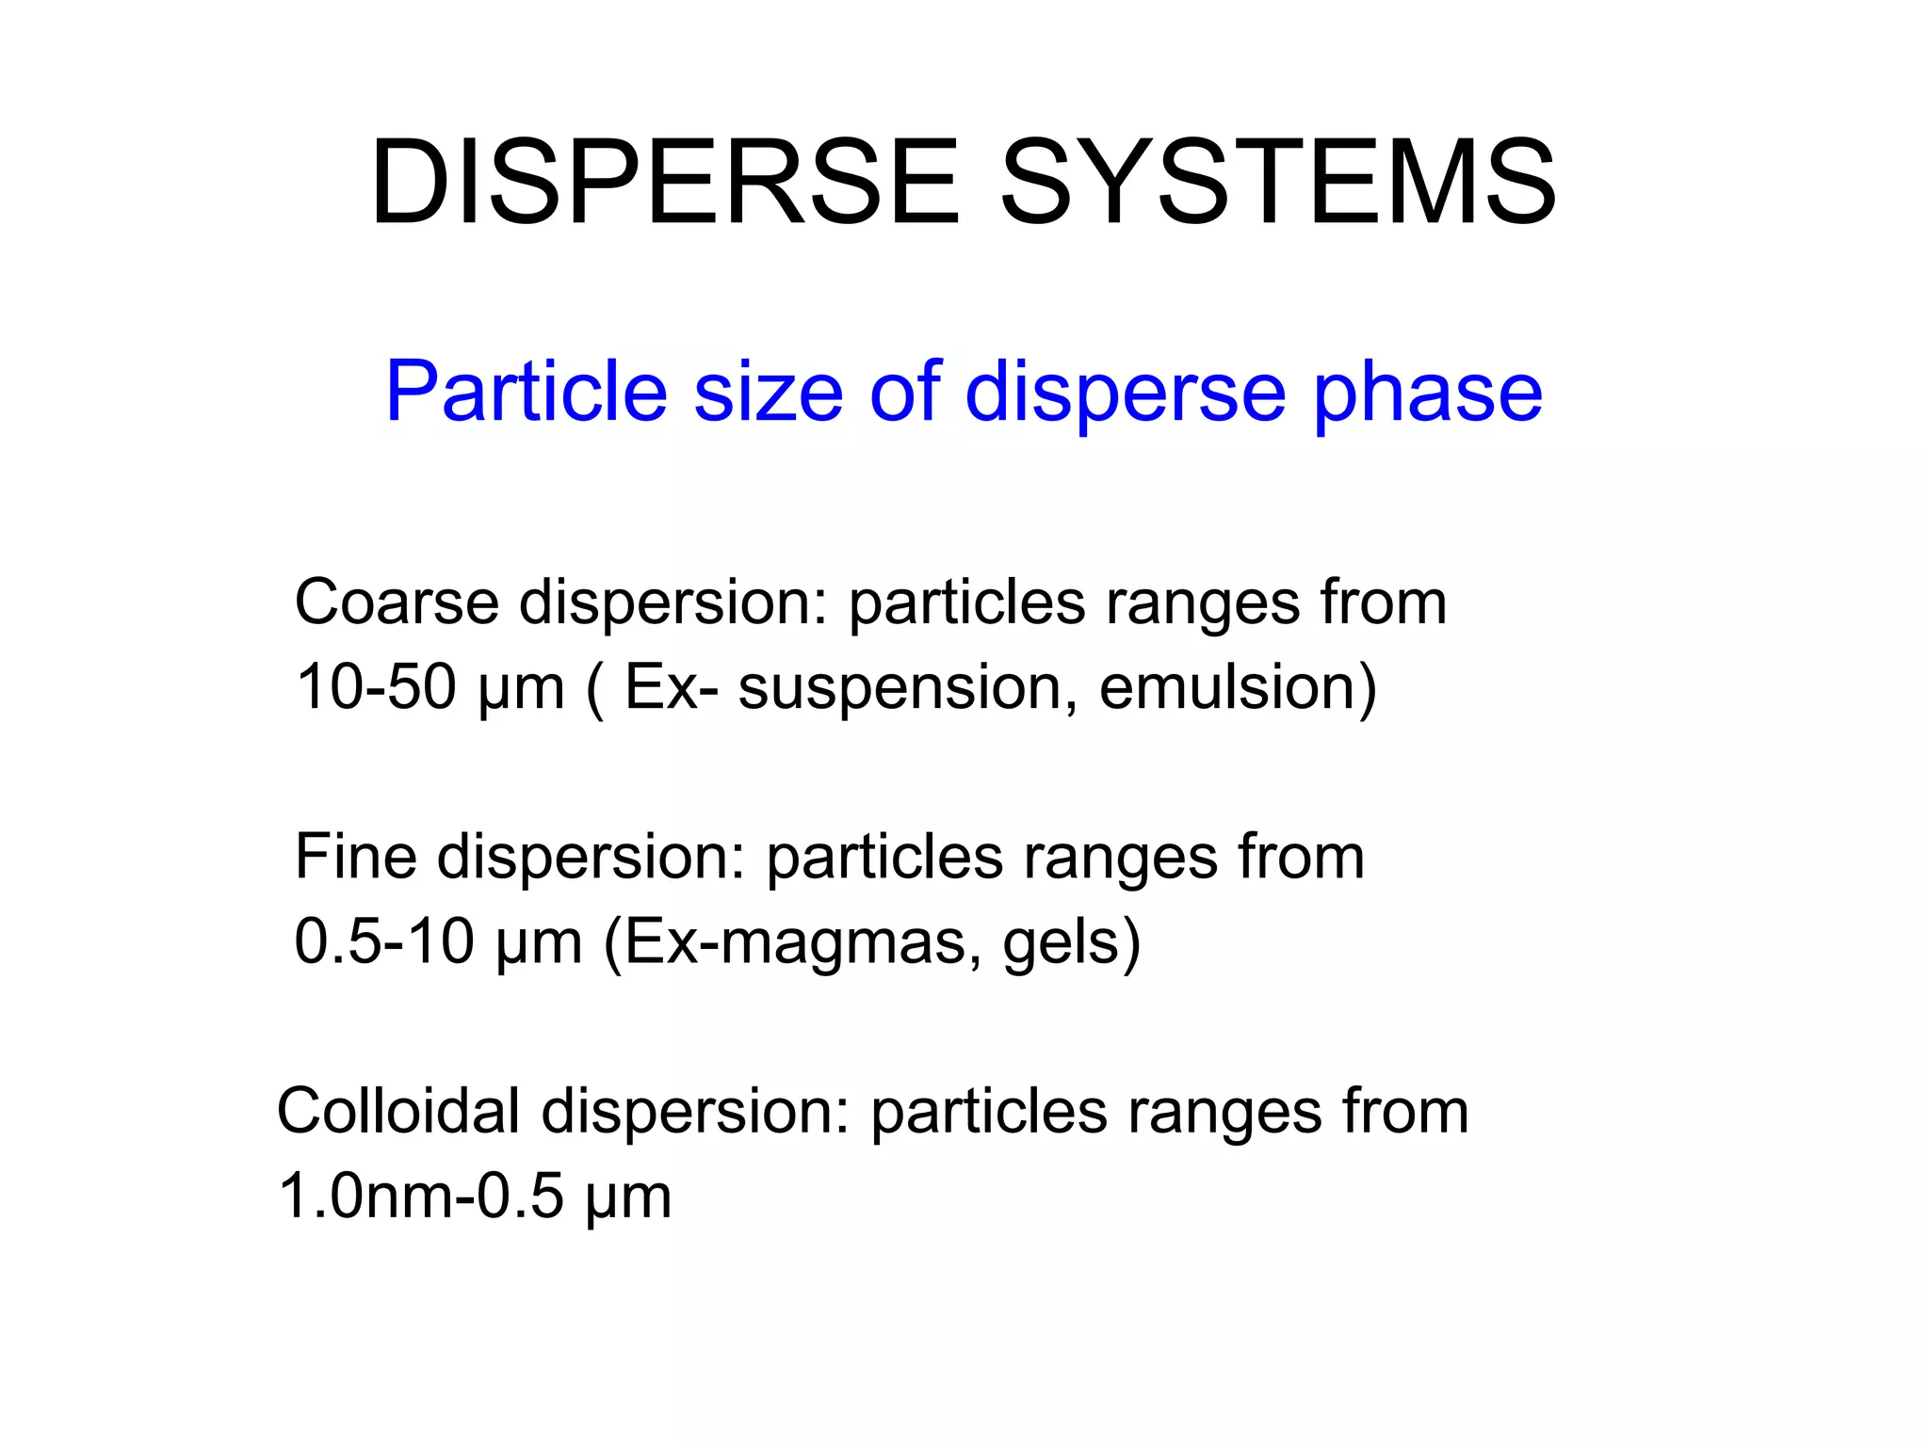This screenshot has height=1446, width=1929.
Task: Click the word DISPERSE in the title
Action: (x=665, y=183)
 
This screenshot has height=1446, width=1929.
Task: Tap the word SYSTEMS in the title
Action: (x=1278, y=183)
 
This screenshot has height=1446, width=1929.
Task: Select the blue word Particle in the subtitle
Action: (x=527, y=392)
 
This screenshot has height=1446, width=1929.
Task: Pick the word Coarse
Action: (x=397, y=602)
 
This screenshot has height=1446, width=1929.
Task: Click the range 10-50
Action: (x=376, y=687)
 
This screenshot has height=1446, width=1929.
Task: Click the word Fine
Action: (x=356, y=857)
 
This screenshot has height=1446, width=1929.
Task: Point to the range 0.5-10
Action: (x=384, y=941)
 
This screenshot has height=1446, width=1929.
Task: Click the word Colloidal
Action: (x=399, y=1111)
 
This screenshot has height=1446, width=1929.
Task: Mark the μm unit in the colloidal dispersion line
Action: (x=628, y=1198)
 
